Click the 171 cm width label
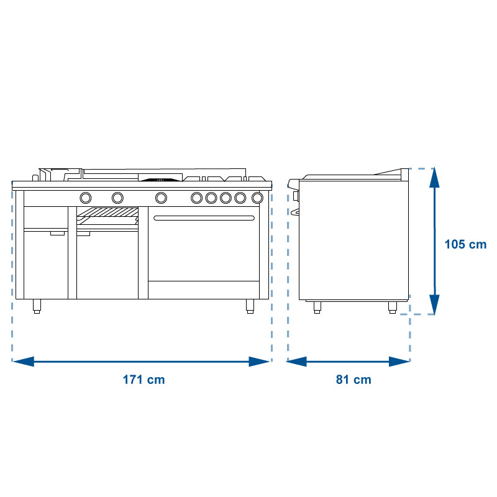[144, 380]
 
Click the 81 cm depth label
[353, 380]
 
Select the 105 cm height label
[465, 244]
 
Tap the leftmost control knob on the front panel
[86, 198]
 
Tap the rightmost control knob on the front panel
[257, 198]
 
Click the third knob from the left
[161, 198]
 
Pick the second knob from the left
[117, 198]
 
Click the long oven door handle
[204, 218]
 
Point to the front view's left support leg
[37, 306]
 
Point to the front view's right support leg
[250, 306]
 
